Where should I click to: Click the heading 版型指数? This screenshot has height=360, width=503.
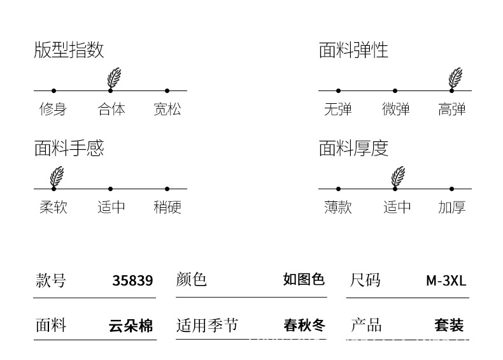point(69,50)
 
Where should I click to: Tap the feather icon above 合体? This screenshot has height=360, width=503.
point(113,78)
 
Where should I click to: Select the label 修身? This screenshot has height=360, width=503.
point(53,109)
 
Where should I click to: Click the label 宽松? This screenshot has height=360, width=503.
point(167,109)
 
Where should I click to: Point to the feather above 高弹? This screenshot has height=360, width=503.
point(455,78)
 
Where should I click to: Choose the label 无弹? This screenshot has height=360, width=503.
point(337,109)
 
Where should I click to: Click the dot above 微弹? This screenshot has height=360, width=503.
point(395,90)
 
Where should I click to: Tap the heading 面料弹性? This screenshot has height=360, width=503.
point(353,50)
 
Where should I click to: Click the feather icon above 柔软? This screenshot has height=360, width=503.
point(57,176)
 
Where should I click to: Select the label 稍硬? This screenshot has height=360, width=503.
point(167,207)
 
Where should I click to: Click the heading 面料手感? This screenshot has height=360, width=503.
point(69,148)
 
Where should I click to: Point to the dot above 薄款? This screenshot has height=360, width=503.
point(338,189)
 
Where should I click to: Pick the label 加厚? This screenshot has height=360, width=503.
point(452,207)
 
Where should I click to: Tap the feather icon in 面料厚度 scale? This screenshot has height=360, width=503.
point(398,176)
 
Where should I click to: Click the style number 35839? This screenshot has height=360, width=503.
point(132,280)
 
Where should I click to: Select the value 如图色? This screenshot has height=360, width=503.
point(304,280)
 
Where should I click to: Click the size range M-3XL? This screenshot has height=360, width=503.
point(446,280)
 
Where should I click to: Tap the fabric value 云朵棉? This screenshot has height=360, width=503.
point(131,326)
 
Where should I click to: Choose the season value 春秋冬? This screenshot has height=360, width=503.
point(304,326)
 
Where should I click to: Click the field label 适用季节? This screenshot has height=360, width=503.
point(207,326)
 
